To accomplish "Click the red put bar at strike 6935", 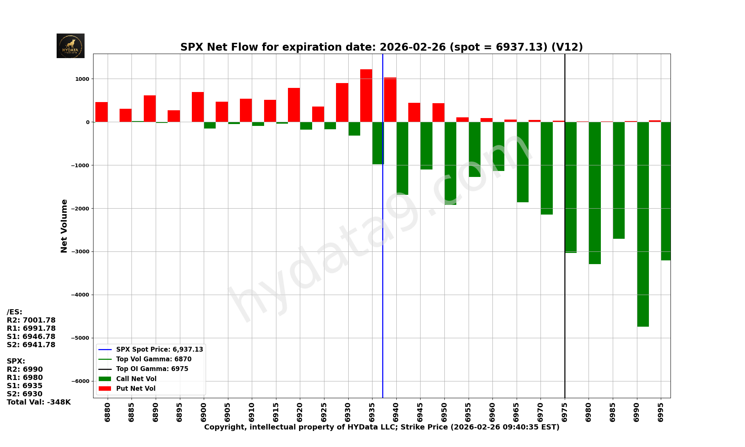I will (x=366, y=96).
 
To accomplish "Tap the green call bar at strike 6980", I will (x=595, y=193).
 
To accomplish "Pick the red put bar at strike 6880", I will (x=102, y=112).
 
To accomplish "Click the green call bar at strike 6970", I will (x=547, y=168).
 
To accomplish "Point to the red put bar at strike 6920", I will (x=294, y=105).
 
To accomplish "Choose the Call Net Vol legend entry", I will (x=136, y=379).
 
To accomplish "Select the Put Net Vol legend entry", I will (x=136, y=389).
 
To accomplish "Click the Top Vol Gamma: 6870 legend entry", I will (x=153, y=359).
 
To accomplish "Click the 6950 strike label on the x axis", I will (x=444, y=412).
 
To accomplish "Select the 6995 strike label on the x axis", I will (x=661, y=412).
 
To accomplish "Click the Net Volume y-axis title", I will (x=64, y=226).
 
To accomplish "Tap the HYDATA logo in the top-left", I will (x=70, y=46).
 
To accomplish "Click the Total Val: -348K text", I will (x=39, y=402).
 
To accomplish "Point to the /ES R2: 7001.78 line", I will (x=31, y=320).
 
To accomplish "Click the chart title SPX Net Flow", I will (x=381, y=47).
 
